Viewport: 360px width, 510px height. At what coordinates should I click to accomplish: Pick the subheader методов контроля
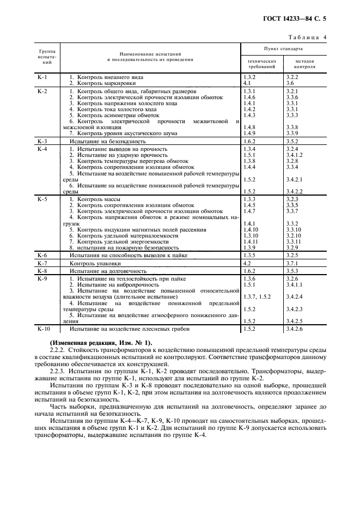pyautogui.click(x=304, y=64)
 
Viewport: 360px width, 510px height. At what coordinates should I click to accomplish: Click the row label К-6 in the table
pyautogui.click(x=42, y=255)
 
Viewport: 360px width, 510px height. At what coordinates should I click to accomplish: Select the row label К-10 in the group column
pyautogui.click(x=44, y=329)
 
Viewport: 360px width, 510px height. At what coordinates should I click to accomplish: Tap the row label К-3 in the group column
pyautogui.click(x=42, y=141)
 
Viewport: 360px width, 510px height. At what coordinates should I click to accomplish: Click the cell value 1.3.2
pyautogui.click(x=250, y=78)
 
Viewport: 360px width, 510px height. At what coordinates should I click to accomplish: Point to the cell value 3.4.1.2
pyautogui.click(x=295, y=155)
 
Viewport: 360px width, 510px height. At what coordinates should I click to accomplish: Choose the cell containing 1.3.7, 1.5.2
pyautogui.click(x=256, y=296)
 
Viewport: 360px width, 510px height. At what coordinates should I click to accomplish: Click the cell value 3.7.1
pyautogui.click(x=292, y=263)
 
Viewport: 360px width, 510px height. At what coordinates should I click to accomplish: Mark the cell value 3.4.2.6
pyautogui.click(x=295, y=329)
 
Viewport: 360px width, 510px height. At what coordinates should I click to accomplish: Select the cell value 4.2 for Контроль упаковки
pyautogui.click(x=247, y=263)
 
